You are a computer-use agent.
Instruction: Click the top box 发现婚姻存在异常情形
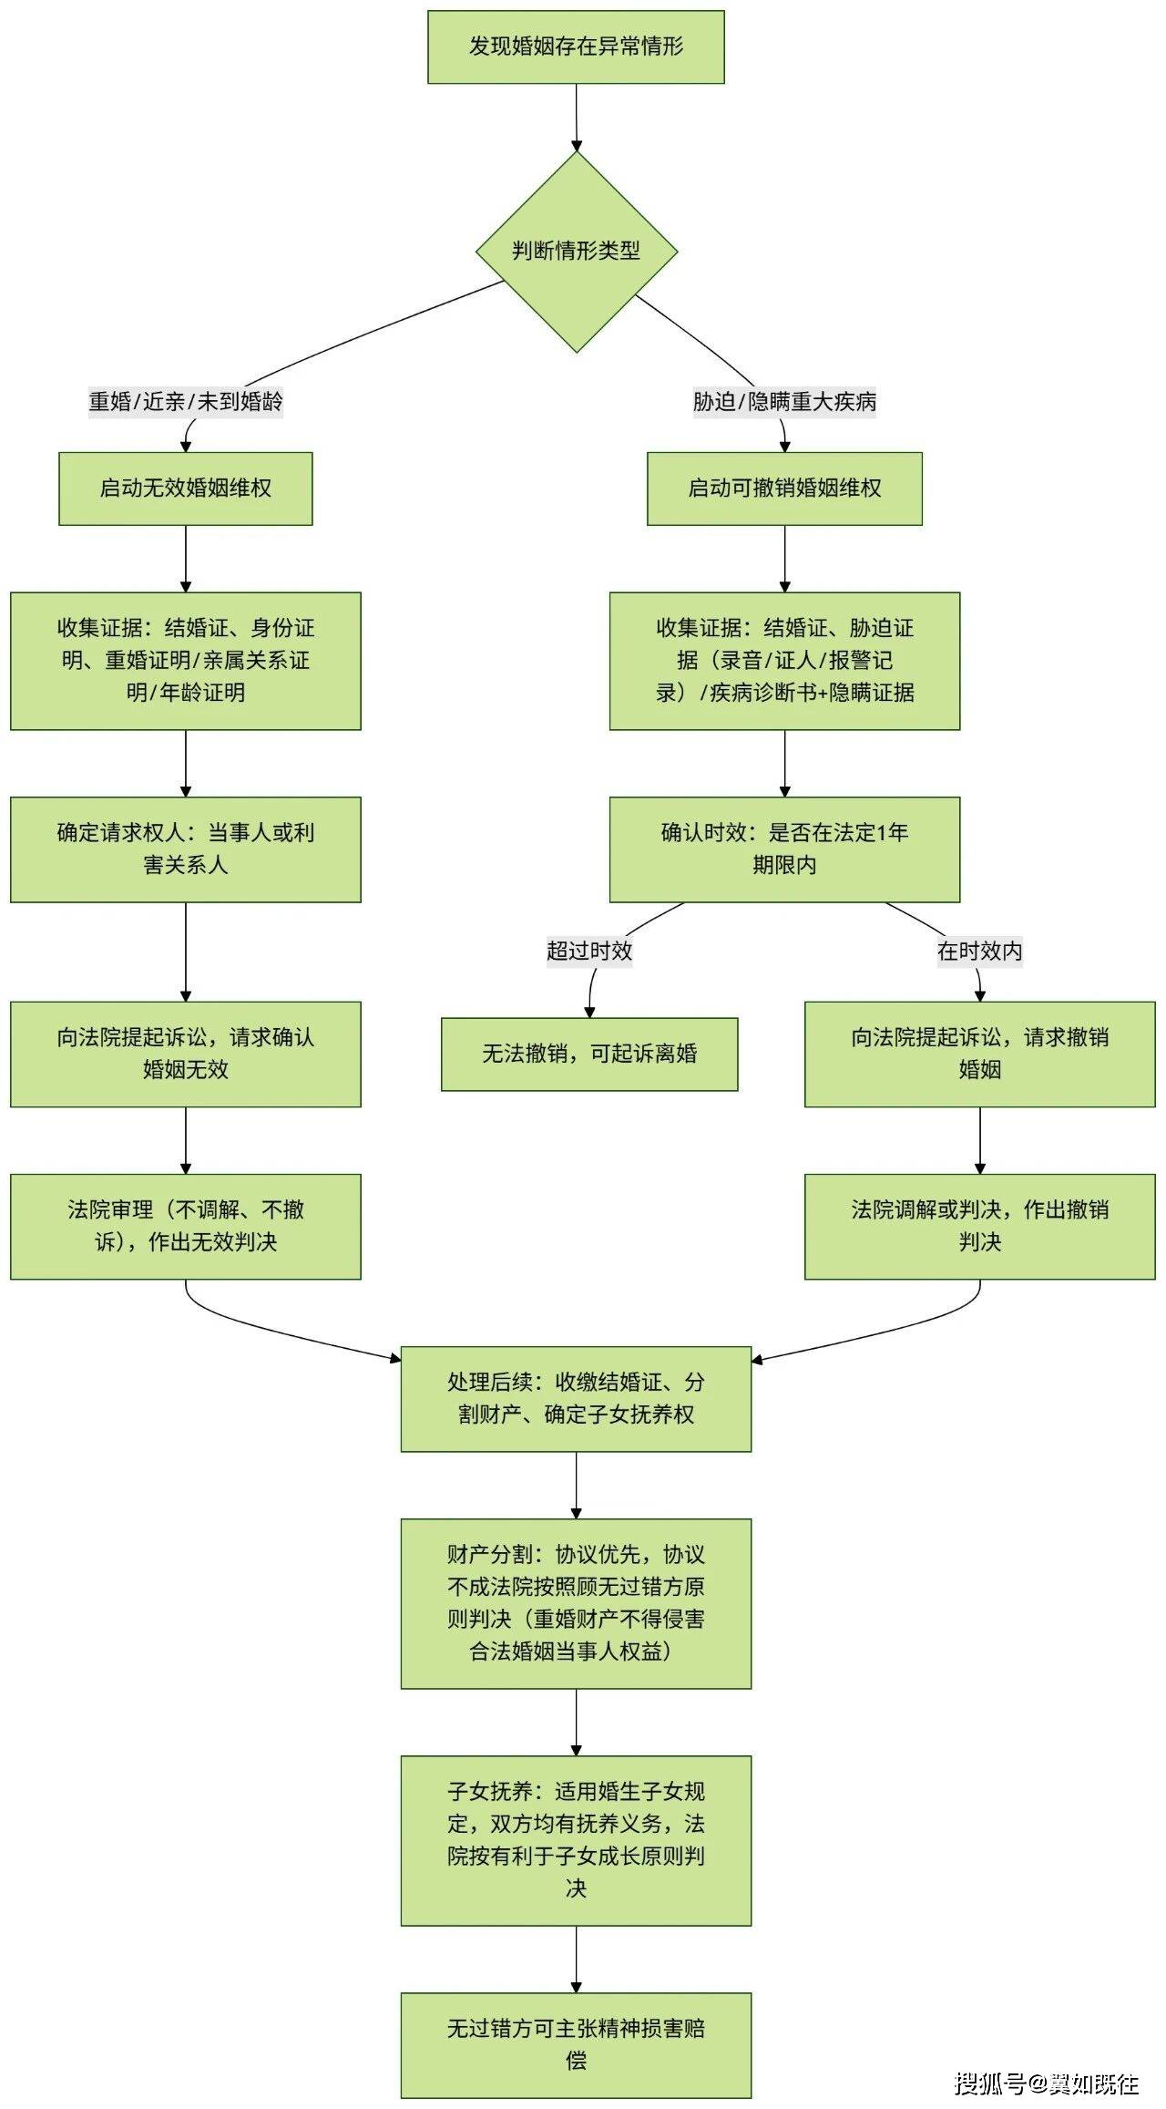point(576,47)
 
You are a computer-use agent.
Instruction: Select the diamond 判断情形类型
point(576,251)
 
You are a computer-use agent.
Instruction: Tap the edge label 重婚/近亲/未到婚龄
point(186,401)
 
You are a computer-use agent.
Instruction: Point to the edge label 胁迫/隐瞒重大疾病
point(784,401)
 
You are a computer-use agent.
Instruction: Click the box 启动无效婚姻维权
point(186,489)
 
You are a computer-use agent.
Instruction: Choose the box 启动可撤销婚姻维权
point(784,489)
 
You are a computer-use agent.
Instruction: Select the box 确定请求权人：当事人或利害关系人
point(186,849)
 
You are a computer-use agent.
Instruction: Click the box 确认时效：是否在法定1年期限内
point(784,849)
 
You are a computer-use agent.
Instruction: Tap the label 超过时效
point(589,951)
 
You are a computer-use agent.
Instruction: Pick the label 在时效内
point(979,951)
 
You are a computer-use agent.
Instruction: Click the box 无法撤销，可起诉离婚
point(589,1054)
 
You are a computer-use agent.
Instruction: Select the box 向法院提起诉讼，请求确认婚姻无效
point(186,1054)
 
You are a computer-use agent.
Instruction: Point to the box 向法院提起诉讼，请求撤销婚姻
point(979,1054)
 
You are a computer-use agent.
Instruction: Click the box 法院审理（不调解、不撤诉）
point(186,1226)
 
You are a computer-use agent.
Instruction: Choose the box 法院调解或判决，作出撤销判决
point(979,1226)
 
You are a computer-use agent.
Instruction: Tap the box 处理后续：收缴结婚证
point(576,1399)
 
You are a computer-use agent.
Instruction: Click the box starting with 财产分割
point(576,1603)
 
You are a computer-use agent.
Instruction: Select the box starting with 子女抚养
point(576,1840)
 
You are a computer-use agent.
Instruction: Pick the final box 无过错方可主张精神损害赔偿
point(576,2044)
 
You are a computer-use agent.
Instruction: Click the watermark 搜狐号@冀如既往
point(1047,2083)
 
